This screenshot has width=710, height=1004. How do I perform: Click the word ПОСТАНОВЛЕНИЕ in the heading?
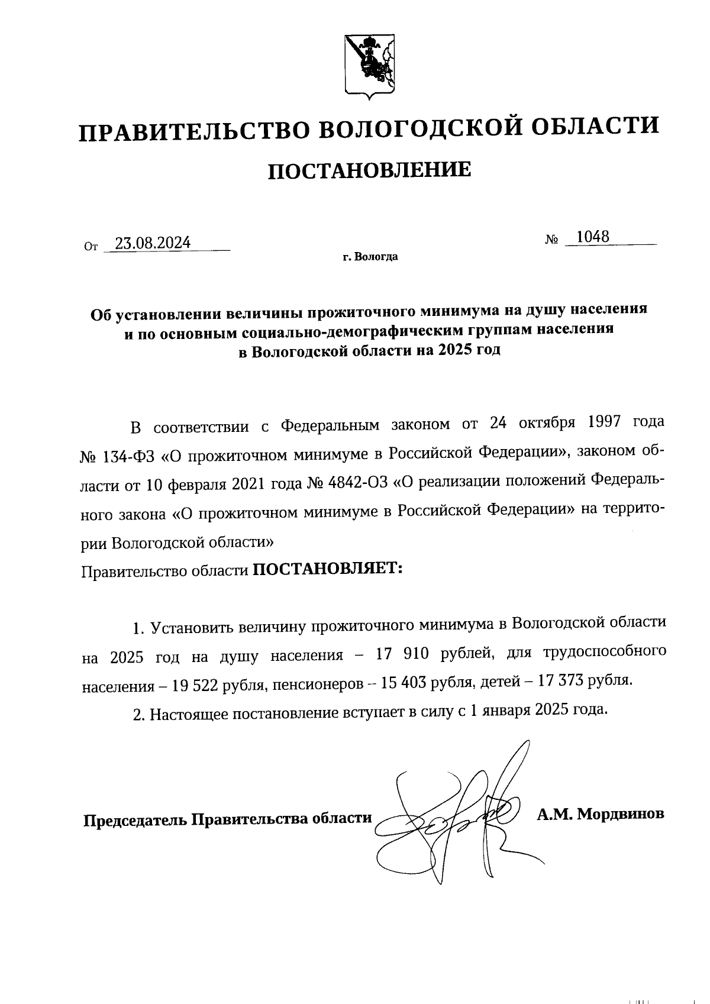[x=370, y=170]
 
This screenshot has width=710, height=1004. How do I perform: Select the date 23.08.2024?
[x=153, y=243]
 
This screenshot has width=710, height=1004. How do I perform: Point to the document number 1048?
[x=593, y=237]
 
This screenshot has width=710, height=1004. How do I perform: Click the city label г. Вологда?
[x=370, y=257]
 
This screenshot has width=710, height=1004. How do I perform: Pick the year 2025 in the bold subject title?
[x=454, y=350]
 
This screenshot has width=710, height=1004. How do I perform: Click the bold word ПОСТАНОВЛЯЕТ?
[x=327, y=569]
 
